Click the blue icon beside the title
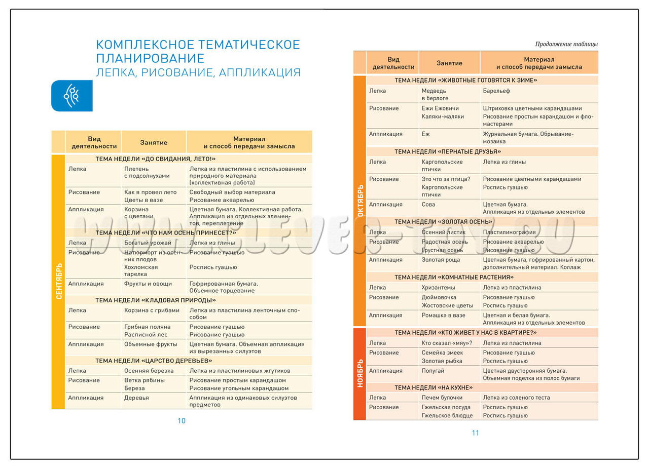point(71,96)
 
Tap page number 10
point(182,420)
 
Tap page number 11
point(475,433)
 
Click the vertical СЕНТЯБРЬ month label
point(58,281)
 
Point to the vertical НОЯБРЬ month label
point(360,373)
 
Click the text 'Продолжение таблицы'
point(566,44)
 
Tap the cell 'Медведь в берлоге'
point(435,94)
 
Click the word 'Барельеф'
point(496,91)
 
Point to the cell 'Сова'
point(428,204)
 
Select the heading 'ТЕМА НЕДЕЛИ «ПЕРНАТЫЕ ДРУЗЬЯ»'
point(448,151)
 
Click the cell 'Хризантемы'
point(438,287)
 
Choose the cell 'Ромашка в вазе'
point(443,315)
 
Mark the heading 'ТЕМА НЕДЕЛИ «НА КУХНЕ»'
point(434,387)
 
